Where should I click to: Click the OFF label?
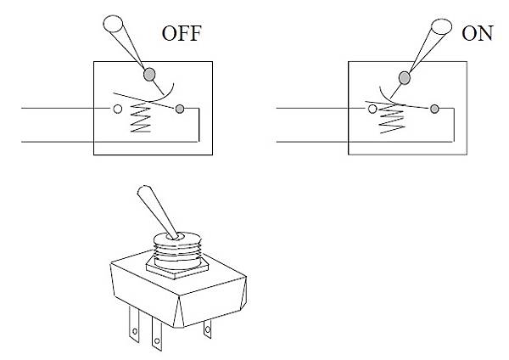182,33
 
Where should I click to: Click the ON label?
478,33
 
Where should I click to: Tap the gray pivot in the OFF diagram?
149,75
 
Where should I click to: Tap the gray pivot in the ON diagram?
404,78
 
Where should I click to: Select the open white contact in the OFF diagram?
118,109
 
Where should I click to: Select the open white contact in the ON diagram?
372,109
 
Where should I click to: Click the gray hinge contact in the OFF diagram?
180,109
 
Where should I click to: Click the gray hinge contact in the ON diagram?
434,109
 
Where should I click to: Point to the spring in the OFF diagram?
141,117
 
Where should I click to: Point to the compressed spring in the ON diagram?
392,119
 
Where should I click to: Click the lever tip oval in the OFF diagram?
113,24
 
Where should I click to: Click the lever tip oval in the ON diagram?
441,26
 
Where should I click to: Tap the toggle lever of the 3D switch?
158,212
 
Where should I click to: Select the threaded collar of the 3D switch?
177,250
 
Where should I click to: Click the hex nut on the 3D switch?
177,268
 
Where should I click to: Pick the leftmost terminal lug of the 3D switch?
134,324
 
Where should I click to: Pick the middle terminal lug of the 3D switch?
157,333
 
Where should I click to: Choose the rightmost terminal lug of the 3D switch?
208,329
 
